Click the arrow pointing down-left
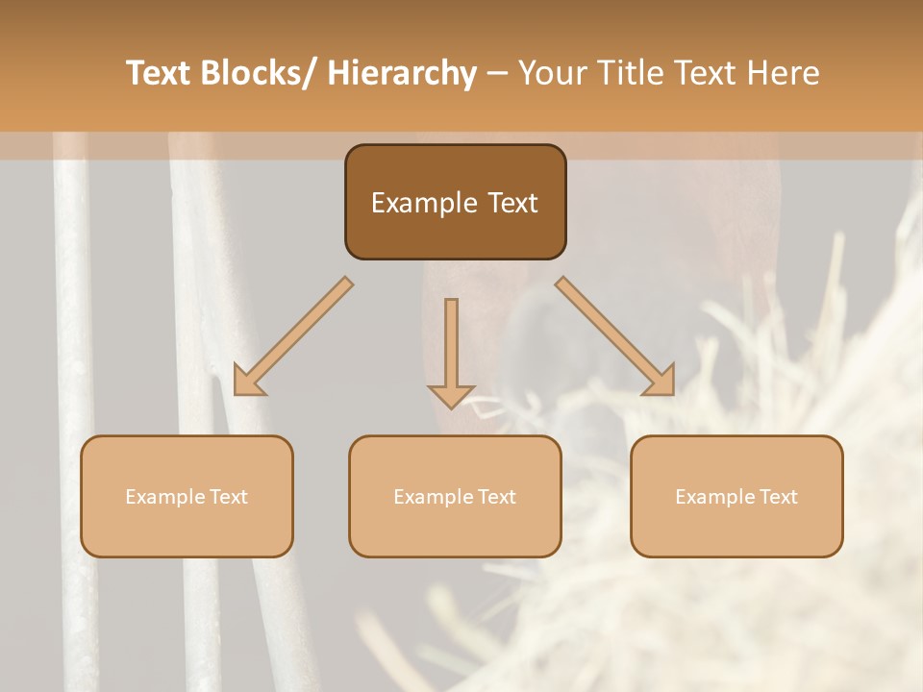293,336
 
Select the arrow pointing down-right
615,336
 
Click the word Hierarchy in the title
402,73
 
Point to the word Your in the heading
550,73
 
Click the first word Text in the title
159,73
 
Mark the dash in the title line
496,74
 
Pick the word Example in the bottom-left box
160,497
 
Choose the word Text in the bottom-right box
779,497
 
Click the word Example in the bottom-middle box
428,497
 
